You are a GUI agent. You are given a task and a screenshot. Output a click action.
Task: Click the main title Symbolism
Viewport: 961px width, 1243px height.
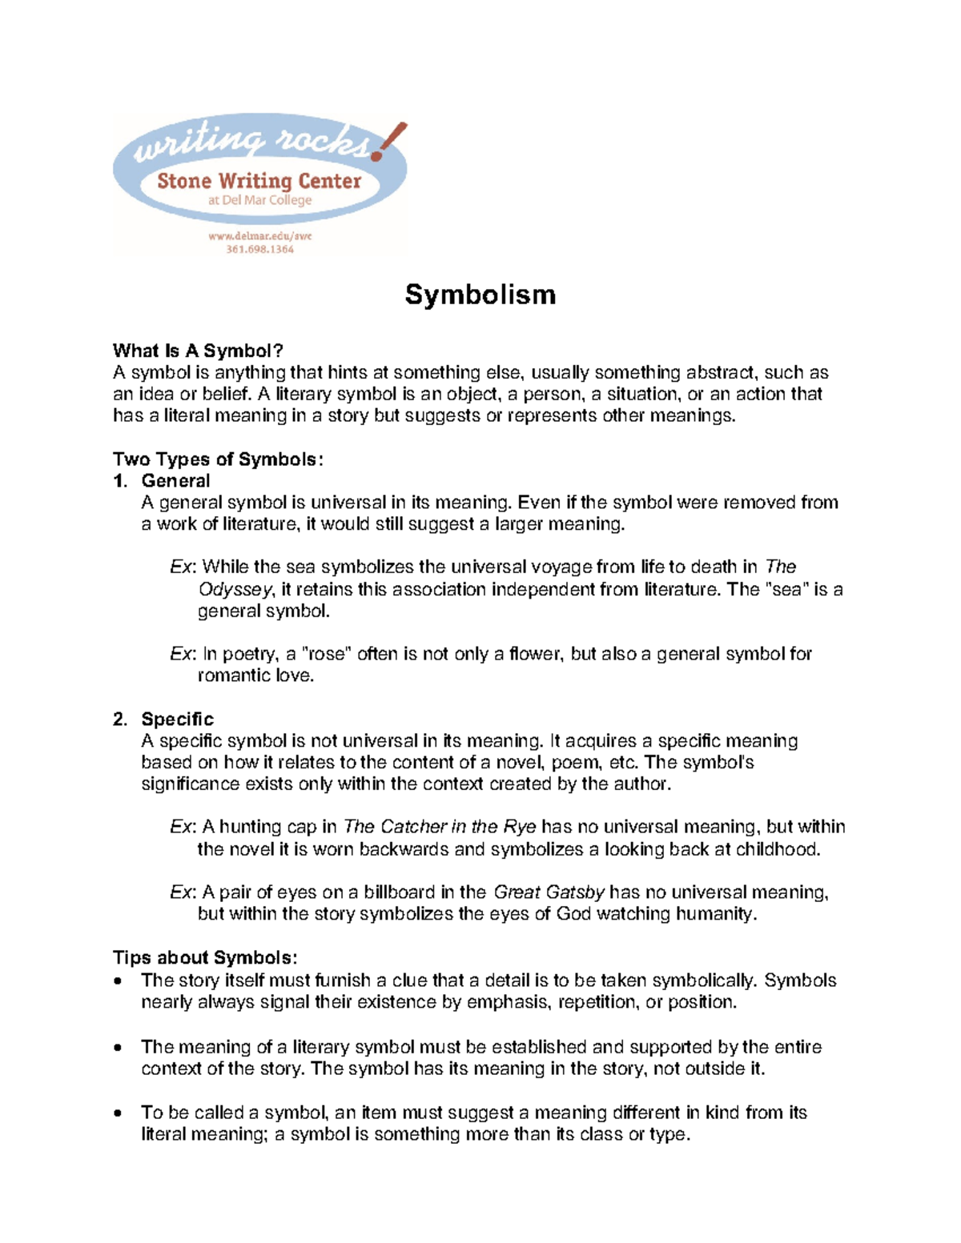point(480,295)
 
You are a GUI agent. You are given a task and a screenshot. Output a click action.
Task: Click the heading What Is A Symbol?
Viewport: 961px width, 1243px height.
point(198,351)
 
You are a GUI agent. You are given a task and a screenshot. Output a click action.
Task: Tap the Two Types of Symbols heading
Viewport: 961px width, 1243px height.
point(218,459)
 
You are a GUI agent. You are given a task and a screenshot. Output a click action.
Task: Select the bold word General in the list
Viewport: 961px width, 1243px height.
point(175,480)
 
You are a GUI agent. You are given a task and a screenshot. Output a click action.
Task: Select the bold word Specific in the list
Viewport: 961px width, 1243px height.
point(177,719)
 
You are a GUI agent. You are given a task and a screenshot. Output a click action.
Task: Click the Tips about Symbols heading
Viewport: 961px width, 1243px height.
point(205,957)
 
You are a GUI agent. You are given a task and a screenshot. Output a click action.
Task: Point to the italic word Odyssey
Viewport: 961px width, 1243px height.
point(235,589)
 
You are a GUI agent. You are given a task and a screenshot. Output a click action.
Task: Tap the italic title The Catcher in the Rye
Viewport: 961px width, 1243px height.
point(440,827)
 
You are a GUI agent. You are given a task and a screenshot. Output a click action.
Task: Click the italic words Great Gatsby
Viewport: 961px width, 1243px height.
point(549,892)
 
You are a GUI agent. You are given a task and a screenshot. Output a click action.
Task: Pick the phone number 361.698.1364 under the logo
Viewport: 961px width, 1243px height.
point(259,249)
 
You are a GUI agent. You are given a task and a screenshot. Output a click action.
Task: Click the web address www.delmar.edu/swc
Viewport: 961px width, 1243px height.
point(259,236)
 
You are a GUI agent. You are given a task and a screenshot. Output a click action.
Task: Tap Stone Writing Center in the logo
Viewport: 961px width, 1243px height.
point(259,181)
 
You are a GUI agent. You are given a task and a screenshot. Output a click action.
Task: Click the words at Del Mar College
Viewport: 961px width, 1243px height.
point(259,200)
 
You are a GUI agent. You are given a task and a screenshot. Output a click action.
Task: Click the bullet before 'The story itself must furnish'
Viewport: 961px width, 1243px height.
point(119,981)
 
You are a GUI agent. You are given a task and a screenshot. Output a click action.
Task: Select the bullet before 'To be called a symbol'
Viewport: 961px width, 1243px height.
point(119,1113)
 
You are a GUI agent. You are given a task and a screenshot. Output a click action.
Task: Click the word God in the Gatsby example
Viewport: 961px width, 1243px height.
point(573,913)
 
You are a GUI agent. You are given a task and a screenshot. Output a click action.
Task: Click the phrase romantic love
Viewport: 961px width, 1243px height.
point(255,676)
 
